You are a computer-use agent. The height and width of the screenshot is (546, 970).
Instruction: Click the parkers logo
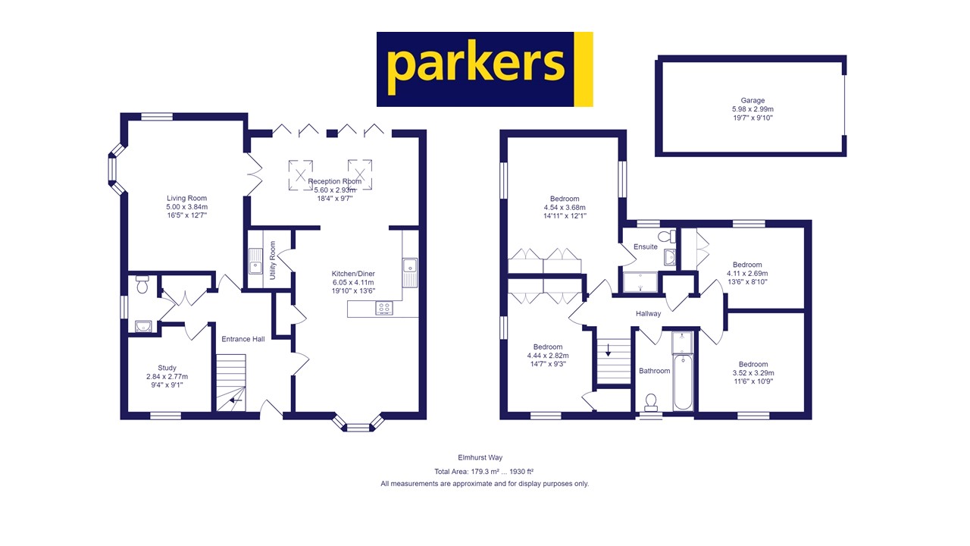tap(484, 69)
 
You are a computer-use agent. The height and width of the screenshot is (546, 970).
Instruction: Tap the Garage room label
tap(753, 100)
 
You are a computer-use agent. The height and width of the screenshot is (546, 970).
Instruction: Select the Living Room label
tap(186, 198)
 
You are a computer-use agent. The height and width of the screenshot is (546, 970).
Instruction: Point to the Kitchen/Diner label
tap(353, 274)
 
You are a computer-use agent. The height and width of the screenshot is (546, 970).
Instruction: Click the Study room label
tap(167, 368)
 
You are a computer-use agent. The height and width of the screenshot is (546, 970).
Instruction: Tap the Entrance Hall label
tap(242, 339)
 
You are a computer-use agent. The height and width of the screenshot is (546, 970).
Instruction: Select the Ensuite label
tap(646, 246)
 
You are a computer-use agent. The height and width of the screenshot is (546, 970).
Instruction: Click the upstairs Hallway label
tap(648, 313)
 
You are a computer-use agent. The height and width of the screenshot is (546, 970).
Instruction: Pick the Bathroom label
tap(654, 371)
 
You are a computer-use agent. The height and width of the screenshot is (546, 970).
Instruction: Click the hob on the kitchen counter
tap(384, 308)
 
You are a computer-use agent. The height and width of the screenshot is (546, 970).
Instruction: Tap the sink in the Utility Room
tap(255, 265)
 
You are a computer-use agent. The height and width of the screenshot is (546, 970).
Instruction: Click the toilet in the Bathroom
tap(650, 400)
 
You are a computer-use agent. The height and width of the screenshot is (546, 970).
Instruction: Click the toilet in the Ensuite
tap(666, 237)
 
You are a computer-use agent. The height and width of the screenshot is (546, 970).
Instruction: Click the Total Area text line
tap(484, 471)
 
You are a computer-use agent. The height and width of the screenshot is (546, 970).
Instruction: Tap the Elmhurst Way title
tap(484, 458)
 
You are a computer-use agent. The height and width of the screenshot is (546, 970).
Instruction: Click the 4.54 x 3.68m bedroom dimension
tap(565, 208)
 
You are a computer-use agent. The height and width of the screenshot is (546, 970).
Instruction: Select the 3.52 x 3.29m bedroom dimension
tap(753, 373)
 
